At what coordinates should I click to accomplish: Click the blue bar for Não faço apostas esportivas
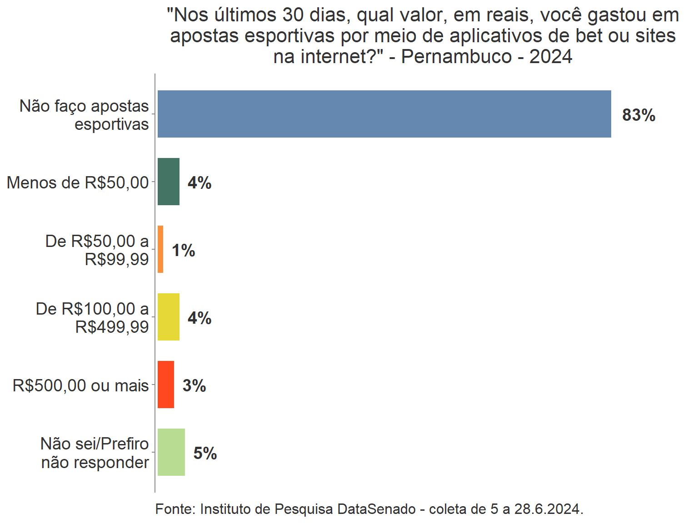[x=384, y=114]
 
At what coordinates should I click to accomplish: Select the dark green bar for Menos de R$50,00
[x=169, y=182]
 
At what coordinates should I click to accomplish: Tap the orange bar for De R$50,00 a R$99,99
[x=160, y=249]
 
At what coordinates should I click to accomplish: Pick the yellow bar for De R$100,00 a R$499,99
[x=169, y=317]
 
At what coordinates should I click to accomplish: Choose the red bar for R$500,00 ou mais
[x=166, y=385]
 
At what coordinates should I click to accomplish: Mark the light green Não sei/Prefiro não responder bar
[x=171, y=452]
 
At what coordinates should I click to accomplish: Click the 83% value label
[x=638, y=115]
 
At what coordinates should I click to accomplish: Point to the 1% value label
[x=183, y=251]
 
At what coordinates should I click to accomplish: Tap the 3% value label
[x=194, y=386]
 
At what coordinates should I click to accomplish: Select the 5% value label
[x=205, y=454]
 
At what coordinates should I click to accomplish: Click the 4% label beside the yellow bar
[x=199, y=318]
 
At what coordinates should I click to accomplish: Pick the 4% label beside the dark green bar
[x=199, y=183]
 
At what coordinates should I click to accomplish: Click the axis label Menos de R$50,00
[x=78, y=183]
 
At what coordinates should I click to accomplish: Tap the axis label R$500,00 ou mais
[x=80, y=385]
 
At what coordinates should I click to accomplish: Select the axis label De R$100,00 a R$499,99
[x=92, y=317]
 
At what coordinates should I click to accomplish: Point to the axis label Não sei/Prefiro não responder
[x=95, y=453]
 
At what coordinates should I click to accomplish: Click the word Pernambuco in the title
[x=456, y=57]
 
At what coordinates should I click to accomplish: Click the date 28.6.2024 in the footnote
[x=547, y=509]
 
